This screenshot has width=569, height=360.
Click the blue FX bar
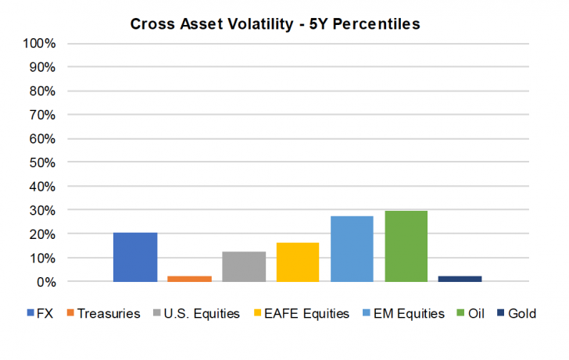point(135,257)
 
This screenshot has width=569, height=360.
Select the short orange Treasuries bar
point(189,279)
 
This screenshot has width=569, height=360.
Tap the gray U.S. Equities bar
point(244,266)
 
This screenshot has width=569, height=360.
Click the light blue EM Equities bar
point(352,248)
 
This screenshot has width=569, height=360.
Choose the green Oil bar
point(406,246)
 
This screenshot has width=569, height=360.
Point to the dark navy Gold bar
point(460,279)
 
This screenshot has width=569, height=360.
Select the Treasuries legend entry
point(107,313)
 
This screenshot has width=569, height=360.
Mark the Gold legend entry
point(517,313)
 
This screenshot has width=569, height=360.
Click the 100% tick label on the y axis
point(40,43)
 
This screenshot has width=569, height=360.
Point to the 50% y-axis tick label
point(42,162)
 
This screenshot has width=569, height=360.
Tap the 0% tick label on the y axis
point(45,281)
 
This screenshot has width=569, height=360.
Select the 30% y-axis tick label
point(42,210)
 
